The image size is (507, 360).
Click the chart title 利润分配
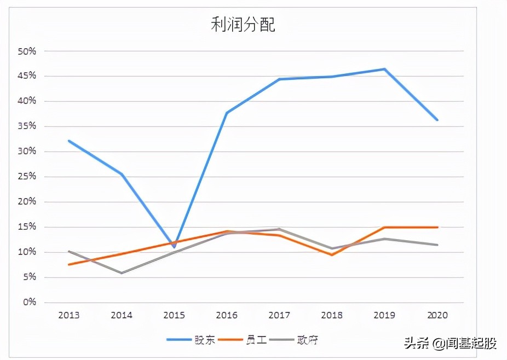(243, 25)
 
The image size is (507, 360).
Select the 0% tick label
(28, 303)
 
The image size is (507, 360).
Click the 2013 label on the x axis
(68, 315)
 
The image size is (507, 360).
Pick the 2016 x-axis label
(226, 315)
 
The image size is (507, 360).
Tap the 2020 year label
(437, 315)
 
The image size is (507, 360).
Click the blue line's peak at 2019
(384, 69)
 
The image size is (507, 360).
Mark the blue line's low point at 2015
(174, 247)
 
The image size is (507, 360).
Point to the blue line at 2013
(69, 141)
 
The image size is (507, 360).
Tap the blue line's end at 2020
(437, 120)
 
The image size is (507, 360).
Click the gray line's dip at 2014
(122, 273)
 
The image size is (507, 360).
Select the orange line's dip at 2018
(332, 255)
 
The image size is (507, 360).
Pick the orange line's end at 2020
(437, 227)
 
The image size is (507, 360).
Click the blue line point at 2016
(227, 113)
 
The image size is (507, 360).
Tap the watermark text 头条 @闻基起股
(450, 344)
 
